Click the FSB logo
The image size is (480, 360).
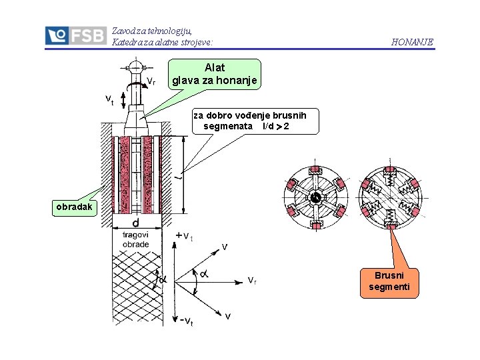click(75, 35)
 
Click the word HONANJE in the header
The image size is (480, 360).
click(412, 42)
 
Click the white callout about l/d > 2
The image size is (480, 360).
click(250, 121)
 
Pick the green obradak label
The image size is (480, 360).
click(75, 207)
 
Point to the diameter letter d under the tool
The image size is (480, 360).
click(135, 223)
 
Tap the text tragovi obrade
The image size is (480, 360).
click(135, 239)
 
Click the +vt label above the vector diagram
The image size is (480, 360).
click(184, 236)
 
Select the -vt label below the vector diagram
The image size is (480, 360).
click(187, 321)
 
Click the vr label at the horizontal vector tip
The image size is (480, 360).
click(253, 280)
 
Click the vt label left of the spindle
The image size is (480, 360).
click(110, 100)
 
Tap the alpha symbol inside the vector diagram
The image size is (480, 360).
click(203, 273)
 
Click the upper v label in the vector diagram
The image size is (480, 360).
click(225, 247)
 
